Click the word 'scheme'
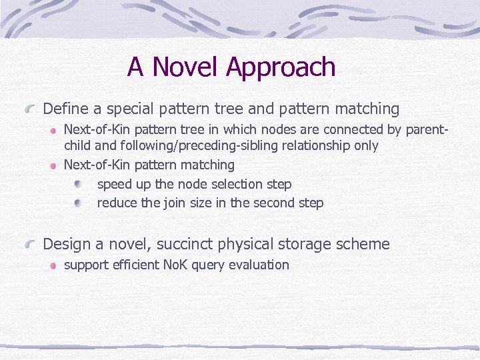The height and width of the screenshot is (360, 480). pyautogui.click(x=365, y=245)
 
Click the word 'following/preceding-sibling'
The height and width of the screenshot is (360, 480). pyautogui.click(x=189, y=146)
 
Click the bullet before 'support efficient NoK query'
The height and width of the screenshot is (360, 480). pyautogui.click(x=51, y=265)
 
